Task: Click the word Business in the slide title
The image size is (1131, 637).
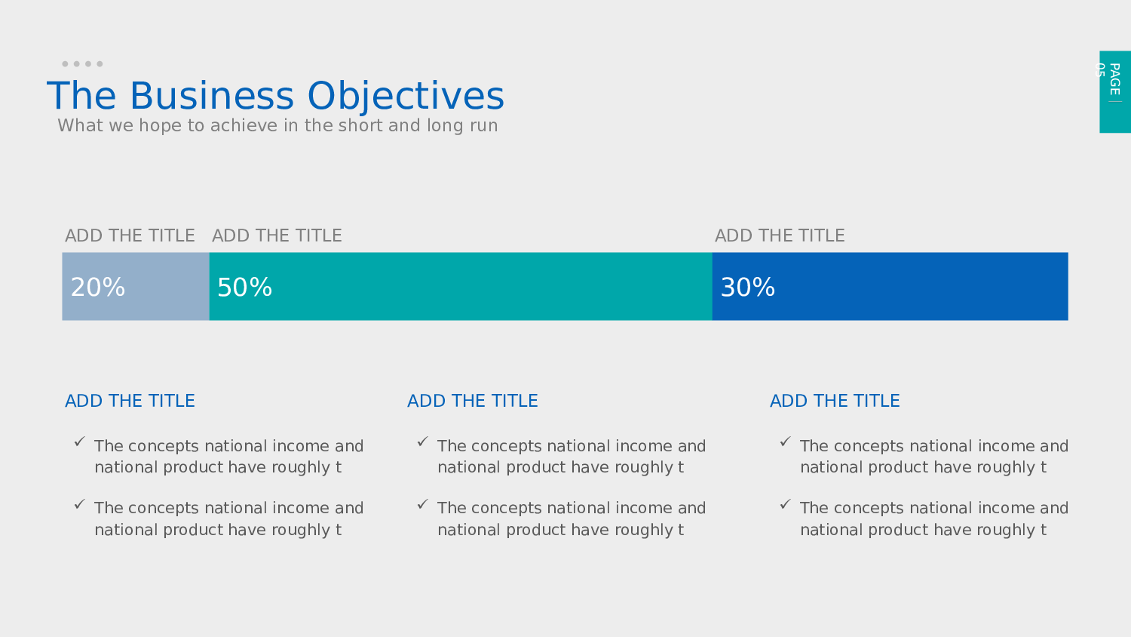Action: (212, 96)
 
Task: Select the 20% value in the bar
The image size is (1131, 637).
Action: (98, 287)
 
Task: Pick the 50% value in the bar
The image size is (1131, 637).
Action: (245, 287)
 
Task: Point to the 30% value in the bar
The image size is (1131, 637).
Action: (748, 287)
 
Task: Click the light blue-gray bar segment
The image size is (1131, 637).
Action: (136, 286)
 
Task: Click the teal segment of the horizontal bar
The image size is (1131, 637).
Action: (461, 286)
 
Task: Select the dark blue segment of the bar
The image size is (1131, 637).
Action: (890, 286)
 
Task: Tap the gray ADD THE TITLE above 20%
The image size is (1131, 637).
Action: (130, 235)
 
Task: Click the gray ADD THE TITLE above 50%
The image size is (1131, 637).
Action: (277, 235)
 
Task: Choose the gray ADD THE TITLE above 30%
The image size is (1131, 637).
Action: (780, 235)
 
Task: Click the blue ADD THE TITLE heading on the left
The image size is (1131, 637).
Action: (130, 401)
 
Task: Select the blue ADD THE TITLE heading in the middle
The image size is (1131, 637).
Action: (473, 401)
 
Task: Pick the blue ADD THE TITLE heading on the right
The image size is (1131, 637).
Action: (835, 401)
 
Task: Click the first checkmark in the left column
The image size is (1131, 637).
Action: (80, 442)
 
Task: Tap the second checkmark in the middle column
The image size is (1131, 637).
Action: (422, 504)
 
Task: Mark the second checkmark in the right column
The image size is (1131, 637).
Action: (785, 504)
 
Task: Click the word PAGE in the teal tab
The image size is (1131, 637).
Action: (1115, 78)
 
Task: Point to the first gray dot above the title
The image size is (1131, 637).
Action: (65, 63)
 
